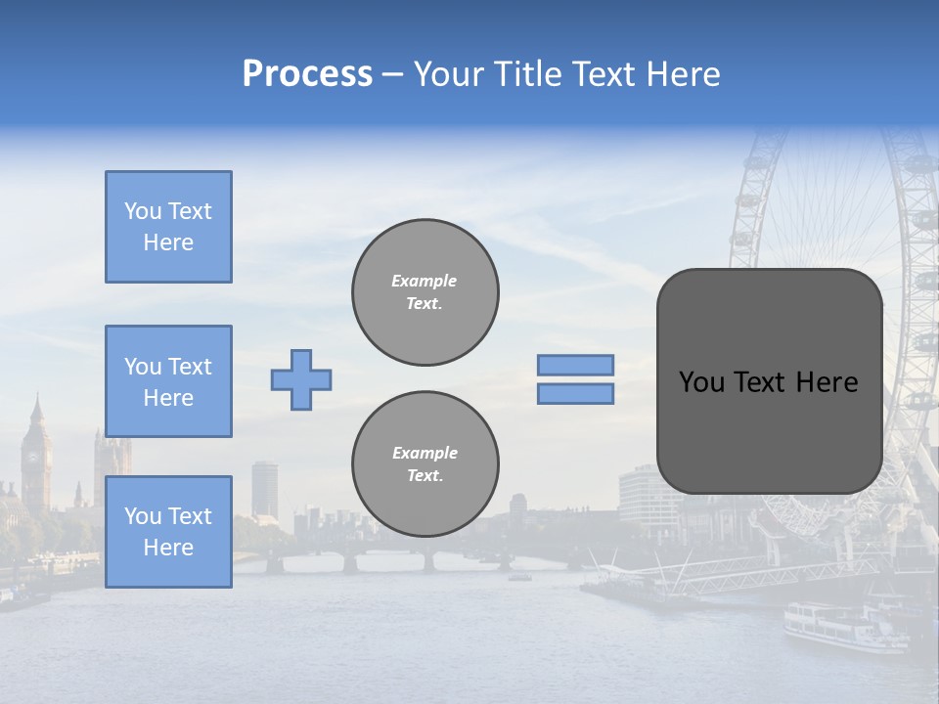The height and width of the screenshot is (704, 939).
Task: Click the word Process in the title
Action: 307,74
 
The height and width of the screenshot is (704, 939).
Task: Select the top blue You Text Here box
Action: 168,227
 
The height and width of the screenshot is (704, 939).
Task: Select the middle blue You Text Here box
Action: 168,381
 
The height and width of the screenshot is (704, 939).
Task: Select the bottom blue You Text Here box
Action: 168,531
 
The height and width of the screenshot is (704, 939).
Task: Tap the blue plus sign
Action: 301,379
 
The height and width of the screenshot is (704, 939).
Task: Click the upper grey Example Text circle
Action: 425,292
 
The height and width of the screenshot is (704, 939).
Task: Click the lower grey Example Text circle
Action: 425,463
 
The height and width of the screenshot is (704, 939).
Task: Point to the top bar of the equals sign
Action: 575,365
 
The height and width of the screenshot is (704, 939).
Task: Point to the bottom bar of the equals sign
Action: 575,393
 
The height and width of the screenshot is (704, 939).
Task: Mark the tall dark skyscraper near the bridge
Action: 264,489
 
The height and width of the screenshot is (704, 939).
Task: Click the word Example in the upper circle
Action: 425,281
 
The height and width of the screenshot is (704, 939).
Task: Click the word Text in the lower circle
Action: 425,475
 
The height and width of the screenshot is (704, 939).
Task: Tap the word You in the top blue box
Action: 143,211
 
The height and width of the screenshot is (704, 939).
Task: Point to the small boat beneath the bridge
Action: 519,577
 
